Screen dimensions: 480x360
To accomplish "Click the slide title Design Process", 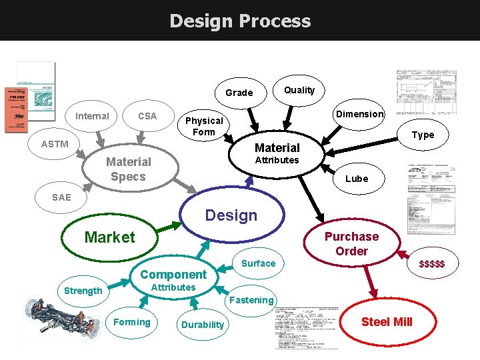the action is pyautogui.click(x=240, y=21).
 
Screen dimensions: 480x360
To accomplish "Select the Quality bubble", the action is pyautogui.click(x=299, y=90).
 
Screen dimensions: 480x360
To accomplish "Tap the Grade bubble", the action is pyautogui.click(x=239, y=93).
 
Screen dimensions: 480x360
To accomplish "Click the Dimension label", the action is pyautogui.click(x=359, y=114).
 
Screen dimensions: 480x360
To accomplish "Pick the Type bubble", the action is pyautogui.click(x=423, y=135).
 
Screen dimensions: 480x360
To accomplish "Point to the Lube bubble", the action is pyautogui.click(x=356, y=179).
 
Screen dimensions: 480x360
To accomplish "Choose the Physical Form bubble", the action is pyautogui.click(x=204, y=126).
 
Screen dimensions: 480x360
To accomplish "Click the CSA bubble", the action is pyautogui.click(x=147, y=116).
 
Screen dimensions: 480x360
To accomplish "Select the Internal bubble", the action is pyautogui.click(x=92, y=116).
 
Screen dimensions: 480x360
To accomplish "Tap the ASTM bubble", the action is pyautogui.click(x=55, y=144).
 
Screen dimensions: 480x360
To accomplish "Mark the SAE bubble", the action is pyautogui.click(x=61, y=197).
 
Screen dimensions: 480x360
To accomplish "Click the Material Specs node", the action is pyautogui.click(x=128, y=169).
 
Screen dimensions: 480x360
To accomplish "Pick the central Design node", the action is pyautogui.click(x=231, y=215).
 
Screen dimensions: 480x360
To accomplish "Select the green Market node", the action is pyautogui.click(x=109, y=237).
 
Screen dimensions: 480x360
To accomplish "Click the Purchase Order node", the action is pyautogui.click(x=351, y=244).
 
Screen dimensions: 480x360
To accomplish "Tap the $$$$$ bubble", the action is pyautogui.click(x=432, y=265).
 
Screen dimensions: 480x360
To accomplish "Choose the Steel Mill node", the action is pyautogui.click(x=387, y=322).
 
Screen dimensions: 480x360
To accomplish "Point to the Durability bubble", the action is pyautogui.click(x=203, y=325).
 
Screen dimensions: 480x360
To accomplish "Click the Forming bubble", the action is pyautogui.click(x=132, y=322).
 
